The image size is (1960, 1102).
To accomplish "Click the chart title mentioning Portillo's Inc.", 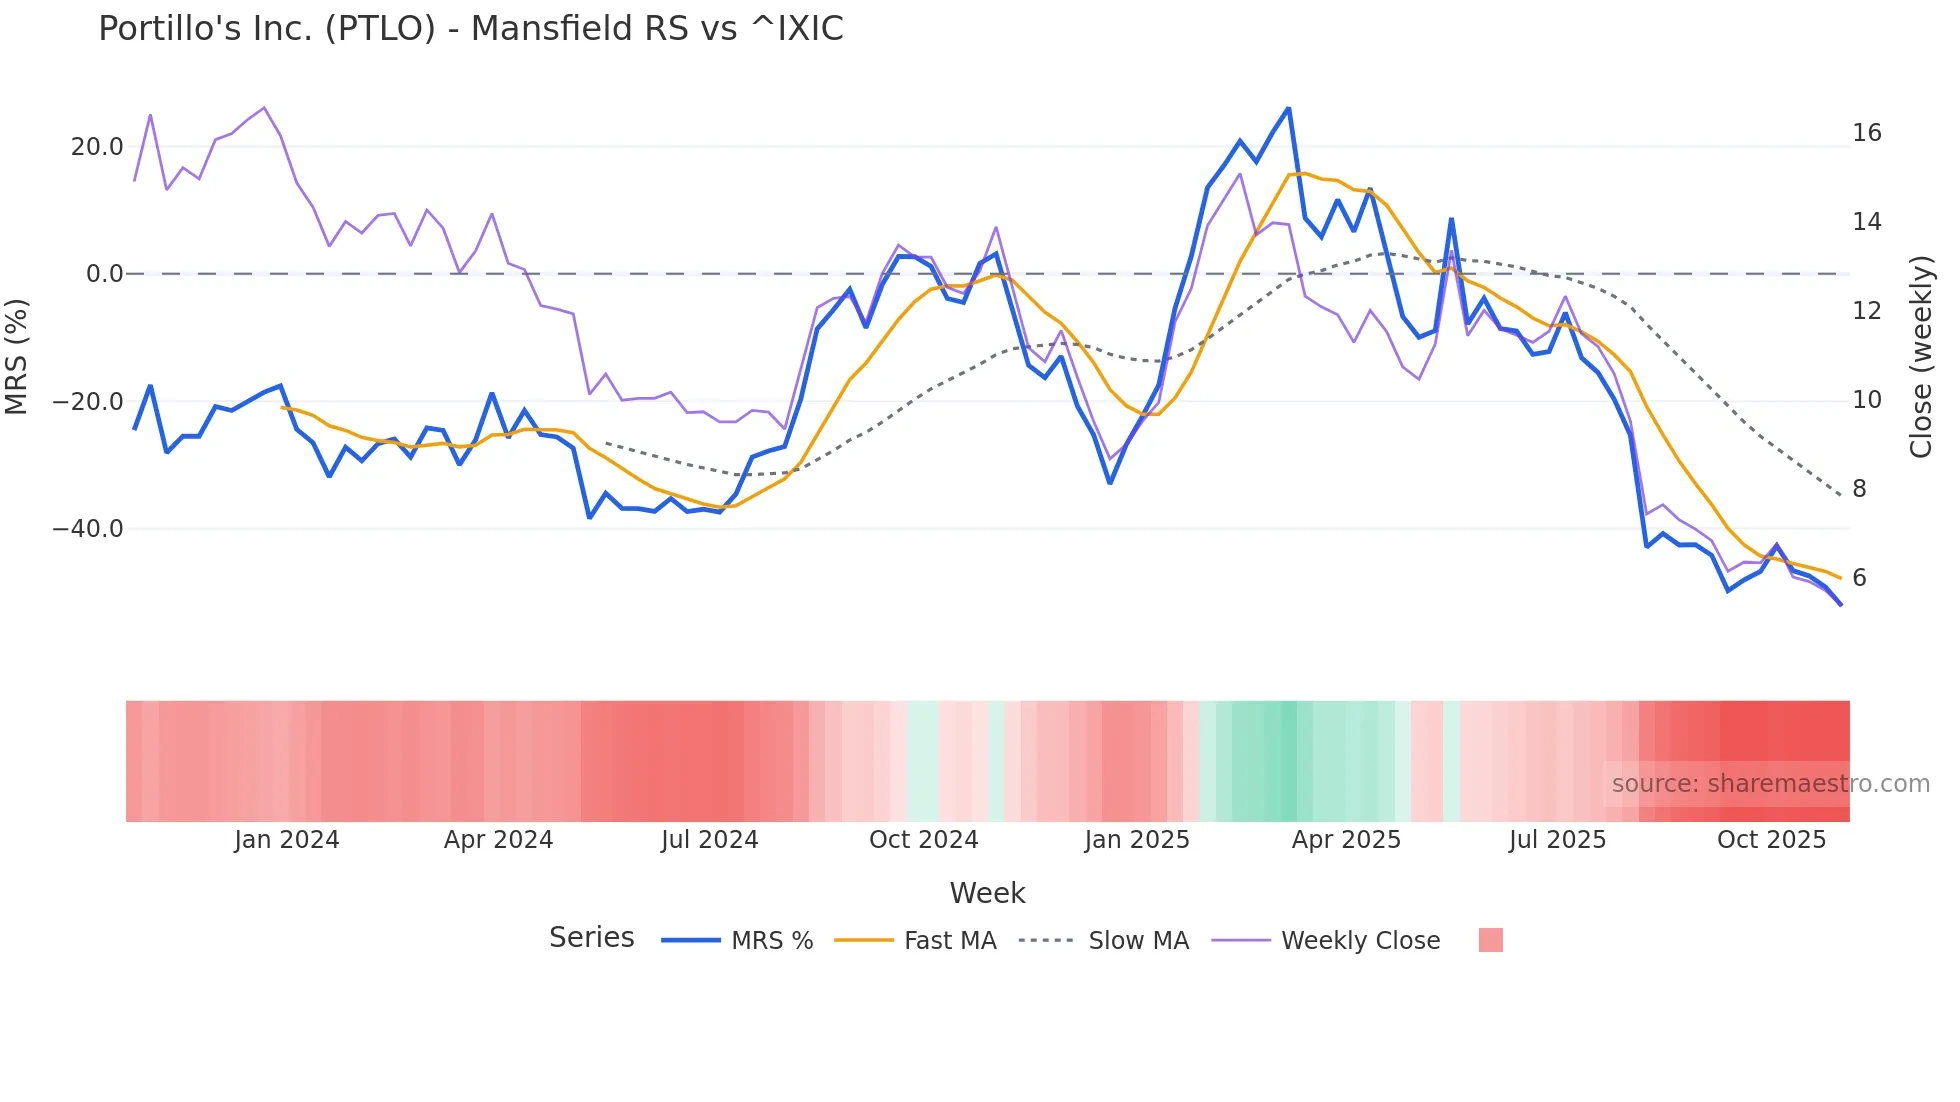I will pyautogui.click(x=470, y=29).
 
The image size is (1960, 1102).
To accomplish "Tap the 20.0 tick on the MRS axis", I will pyautogui.click(x=97, y=147).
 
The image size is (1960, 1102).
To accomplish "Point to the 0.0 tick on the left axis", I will pyautogui.click(x=105, y=274).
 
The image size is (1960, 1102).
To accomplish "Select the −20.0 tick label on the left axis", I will pyautogui.click(x=88, y=401).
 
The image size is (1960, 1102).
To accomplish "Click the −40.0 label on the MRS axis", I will pyautogui.click(x=88, y=528).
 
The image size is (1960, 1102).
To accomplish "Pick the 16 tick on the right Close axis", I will pyautogui.click(x=1866, y=133).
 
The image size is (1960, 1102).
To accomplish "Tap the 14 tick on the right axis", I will pyautogui.click(x=1866, y=222).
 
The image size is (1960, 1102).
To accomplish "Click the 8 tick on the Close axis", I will pyautogui.click(x=1859, y=489).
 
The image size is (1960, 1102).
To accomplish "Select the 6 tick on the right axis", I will pyautogui.click(x=1859, y=578).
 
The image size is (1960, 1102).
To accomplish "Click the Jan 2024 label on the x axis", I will pyautogui.click(x=287, y=840).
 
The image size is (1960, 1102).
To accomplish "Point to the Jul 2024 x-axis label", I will pyautogui.click(x=710, y=840).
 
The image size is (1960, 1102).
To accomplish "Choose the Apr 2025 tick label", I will pyautogui.click(x=1346, y=840).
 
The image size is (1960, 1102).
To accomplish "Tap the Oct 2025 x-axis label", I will pyautogui.click(x=1771, y=840).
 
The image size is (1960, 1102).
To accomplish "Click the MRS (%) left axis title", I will pyautogui.click(x=17, y=356).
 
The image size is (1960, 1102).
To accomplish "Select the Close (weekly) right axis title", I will pyautogui.click(x=1921, y=357).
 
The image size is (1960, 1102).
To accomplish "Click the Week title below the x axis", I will pyautogui.click(x=987, y=893).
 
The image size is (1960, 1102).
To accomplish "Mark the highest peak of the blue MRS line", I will pyautogui.click(x=1288, y=108).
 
